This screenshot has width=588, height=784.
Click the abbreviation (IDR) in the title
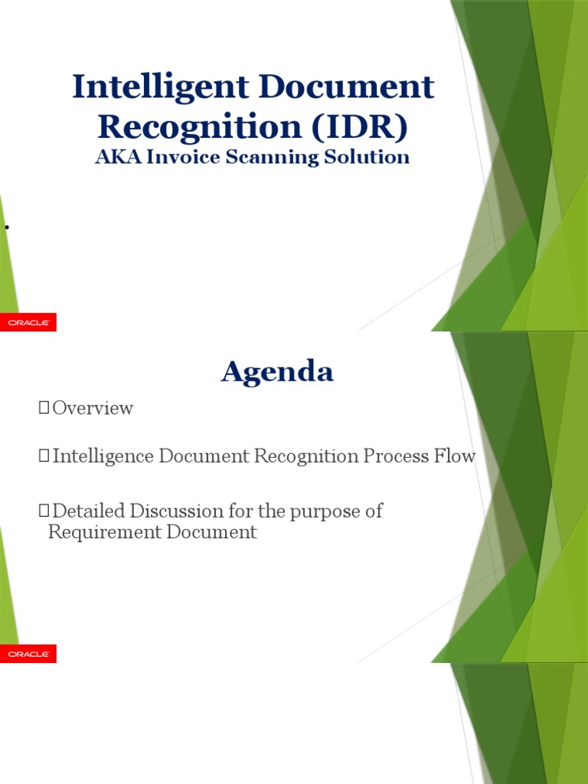358,126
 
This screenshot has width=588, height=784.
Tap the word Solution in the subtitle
370,157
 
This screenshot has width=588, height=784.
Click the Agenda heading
277,372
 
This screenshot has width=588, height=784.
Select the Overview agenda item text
93,408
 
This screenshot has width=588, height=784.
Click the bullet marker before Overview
43,409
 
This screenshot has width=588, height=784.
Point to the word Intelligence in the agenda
103,457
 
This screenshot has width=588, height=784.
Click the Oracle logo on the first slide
28,323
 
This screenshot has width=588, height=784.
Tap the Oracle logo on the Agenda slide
28,654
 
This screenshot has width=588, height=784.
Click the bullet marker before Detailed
43,511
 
